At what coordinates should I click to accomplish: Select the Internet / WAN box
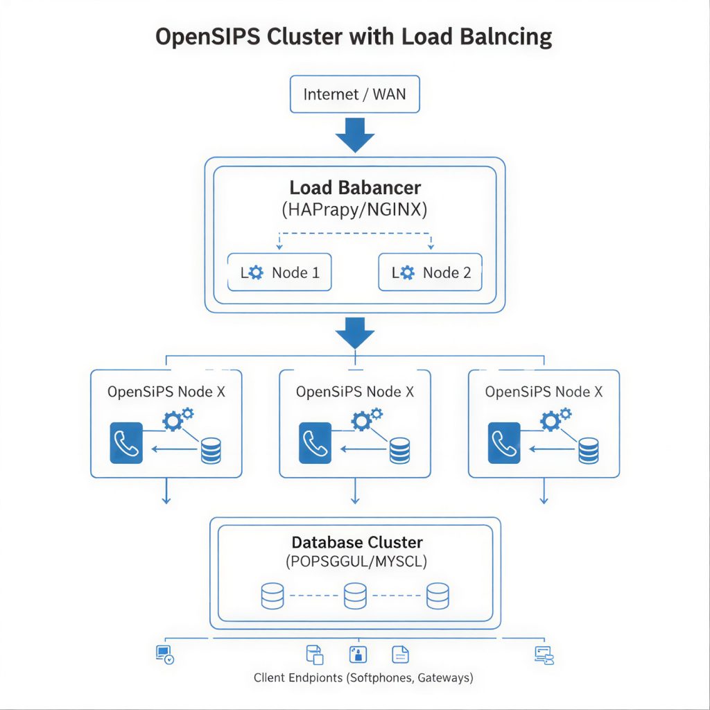pos(354,94)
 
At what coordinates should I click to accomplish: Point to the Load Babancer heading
pos(354,187)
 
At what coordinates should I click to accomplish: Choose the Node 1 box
pos(279,272)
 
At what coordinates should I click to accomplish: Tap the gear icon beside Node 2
pos(406,272)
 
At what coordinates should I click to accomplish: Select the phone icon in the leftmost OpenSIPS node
pos(126,443)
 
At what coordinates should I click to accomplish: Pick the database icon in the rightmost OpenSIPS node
pos(588,451)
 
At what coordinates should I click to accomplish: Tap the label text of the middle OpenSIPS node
pos(354,392)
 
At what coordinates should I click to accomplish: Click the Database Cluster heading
pos(356,542)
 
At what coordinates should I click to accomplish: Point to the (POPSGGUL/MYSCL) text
pos(356,562)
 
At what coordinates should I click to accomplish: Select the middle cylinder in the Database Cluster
pos(354,596)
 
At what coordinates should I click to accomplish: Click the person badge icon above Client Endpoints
pos(357,654)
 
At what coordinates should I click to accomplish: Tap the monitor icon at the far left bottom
pos(164,654)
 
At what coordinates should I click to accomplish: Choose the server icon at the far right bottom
pos(544,655)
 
